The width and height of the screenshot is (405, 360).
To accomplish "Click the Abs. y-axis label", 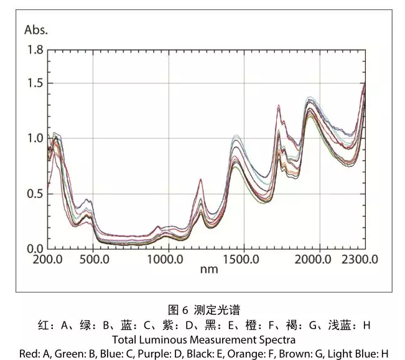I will click(35, 29).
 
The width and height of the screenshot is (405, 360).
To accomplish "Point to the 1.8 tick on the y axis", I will click(35, 50).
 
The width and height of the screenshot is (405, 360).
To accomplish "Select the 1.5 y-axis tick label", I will click(35, 83).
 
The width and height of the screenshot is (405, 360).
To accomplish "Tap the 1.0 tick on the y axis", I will click(35, 138).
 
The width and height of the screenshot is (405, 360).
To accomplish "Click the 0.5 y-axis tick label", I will click(35, 194).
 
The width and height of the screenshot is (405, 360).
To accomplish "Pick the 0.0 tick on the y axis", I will click(35, 249).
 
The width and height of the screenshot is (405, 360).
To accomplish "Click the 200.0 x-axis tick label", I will click(49, 258).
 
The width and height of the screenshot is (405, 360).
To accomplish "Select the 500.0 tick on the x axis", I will click(93, 258).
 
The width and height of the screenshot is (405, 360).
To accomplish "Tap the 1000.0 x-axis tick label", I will click(166, 258).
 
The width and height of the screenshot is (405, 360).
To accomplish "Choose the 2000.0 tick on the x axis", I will click(319, 258).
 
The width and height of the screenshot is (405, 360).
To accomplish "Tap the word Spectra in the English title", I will click(276, 339).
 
